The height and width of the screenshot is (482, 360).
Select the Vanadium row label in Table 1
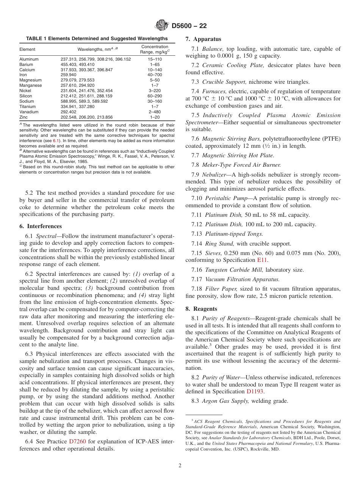(29, 112)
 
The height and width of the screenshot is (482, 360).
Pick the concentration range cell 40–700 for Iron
(155, 75)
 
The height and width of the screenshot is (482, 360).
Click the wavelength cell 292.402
(69, 112)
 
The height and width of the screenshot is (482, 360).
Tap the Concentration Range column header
(155, 49)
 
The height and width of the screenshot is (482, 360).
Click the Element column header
(27, 50)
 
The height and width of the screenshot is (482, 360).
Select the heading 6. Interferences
(41, 226)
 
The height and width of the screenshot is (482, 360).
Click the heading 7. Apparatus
(203, 39)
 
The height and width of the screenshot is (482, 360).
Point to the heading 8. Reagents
(201, 308)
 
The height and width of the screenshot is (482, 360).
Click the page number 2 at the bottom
(180, 466)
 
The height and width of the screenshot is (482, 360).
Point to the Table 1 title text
(97, 39)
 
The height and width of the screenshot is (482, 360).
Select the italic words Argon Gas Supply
(225, 401)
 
